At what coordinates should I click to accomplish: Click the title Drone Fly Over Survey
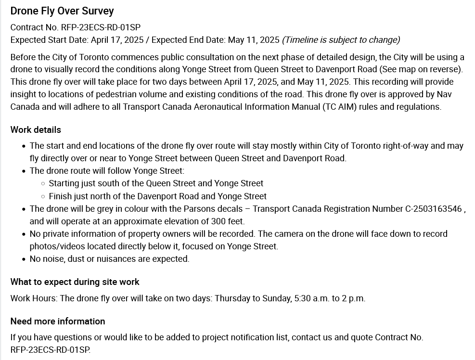pyautogui.click(x=62, y=11)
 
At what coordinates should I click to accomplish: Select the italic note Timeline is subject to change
pyautogui.click(x=341, y=40)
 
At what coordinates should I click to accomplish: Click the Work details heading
pyautogui.click(x=36, y=130)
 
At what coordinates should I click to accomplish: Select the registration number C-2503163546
pyautogui.click(x=420, y=209)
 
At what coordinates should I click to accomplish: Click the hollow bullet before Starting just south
pyautogui.click(x=43, y=183)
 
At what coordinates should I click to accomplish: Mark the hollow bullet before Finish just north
pyautogui.click(x=43, y=196)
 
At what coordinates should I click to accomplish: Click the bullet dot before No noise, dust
pyautogui.click(x=25, y=259)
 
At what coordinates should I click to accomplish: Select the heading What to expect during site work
pyautogui.click(x=75, y=282)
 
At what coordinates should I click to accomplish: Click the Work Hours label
pyautogui.click(x=34, y=298)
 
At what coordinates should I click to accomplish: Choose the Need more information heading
pyautogui.click(x=58, y=321)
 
